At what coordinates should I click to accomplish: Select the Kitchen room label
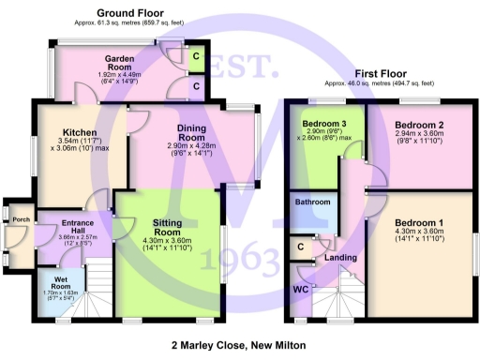(81, 132)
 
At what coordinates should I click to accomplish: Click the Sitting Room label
(167, 226)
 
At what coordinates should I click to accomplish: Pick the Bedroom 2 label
(418, 125)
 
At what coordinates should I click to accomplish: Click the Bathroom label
(312, 202)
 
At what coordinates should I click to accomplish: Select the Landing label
(339, 257)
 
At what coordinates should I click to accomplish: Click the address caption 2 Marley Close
(239, 345)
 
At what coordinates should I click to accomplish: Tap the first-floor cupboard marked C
(300, 246)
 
